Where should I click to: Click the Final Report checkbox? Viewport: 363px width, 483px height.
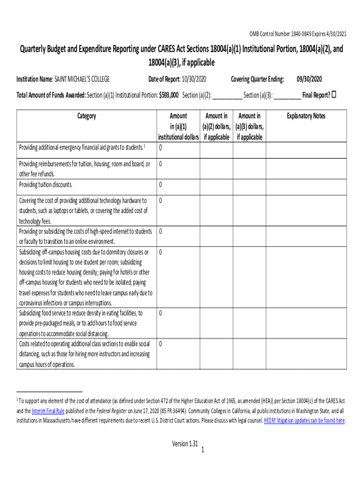click(334, 95)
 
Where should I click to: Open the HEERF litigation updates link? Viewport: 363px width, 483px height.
click(305, 420)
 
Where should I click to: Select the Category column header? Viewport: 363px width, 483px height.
click(87, 116)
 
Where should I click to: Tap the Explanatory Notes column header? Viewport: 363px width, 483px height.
click(306, 116)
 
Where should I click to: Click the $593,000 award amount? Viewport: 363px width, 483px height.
click(168, 95)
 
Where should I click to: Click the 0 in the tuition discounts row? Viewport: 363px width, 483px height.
click(161, 184)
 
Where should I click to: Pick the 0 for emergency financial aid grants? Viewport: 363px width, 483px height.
click(161, 148)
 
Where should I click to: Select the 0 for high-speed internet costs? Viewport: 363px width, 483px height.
click(161, 232)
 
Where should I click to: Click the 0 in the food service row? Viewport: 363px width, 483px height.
click(161, 313)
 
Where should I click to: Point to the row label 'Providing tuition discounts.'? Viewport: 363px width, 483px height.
click(46, 184)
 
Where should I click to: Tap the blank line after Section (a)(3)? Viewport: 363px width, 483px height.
click(287, 95)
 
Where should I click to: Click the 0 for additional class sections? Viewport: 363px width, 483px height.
click(161, 343)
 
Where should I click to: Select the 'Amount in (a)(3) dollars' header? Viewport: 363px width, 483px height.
click(249, 126)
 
